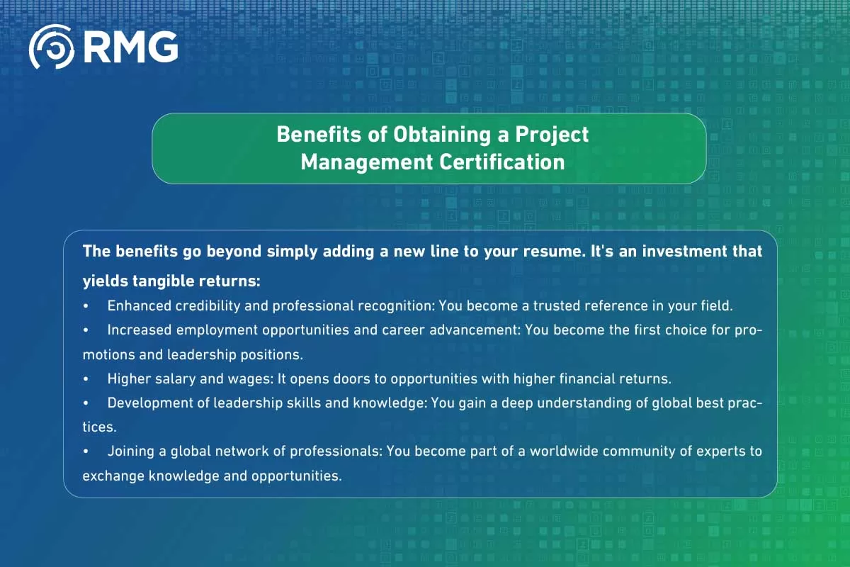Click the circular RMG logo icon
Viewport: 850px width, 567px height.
click(51, 47)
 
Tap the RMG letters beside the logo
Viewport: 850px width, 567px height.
click(130, 47)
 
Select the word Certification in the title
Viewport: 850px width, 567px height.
click(502, 162)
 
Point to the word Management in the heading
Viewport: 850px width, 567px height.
click(366, 162)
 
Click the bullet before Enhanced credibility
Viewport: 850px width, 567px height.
click(86, 305)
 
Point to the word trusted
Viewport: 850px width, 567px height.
click(551, 305)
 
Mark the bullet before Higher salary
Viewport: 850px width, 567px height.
click(86, 378)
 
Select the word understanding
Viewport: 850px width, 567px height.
click(560, 403)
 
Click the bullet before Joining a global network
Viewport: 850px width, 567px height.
click(86, 451)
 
